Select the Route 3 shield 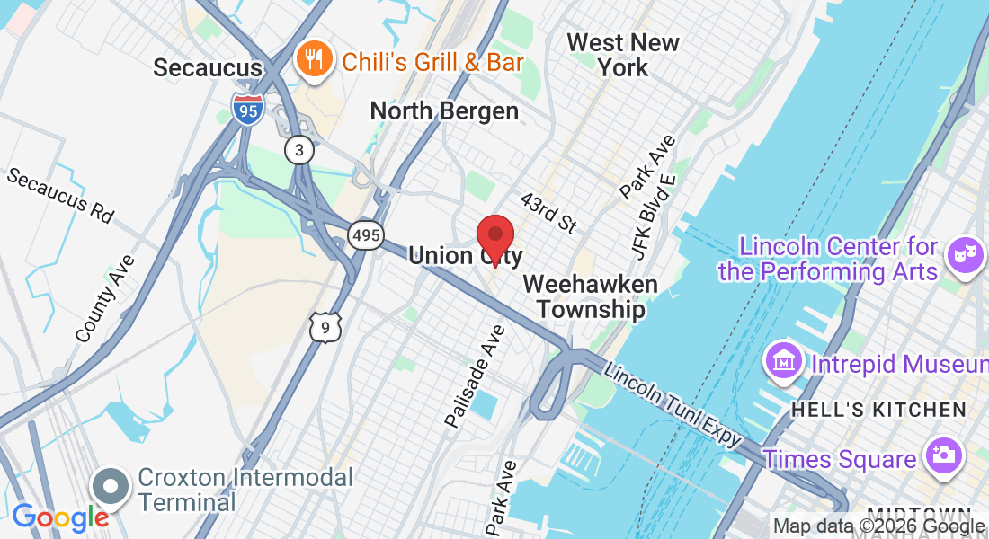(x=299, y=149)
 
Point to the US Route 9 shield (x=325, y=328)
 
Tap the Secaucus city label (x=208, y=67)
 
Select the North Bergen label (x=445, y=110)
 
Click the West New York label (x=623, y=55)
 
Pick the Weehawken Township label (x=590, y=296)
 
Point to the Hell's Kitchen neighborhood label (x=878, y=411)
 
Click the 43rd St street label (x=548, y=212)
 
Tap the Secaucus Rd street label (x=61, y=194)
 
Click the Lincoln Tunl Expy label (x=673, y=404)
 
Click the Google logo (x=60, y=517)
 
